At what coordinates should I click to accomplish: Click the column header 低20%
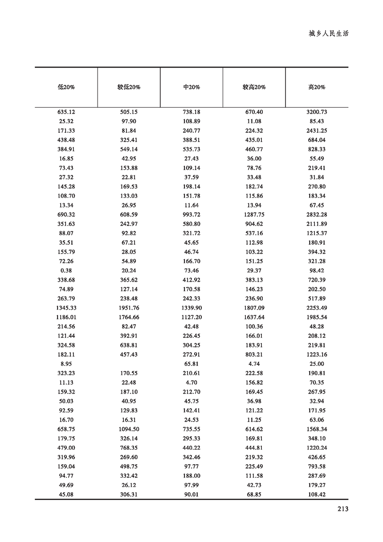(66, 87)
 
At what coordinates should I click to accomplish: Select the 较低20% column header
(129, 87)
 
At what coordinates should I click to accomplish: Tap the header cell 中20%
(192, 87)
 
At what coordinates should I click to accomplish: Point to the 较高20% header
(254, 87)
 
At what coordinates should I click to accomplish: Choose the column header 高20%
(317, 87)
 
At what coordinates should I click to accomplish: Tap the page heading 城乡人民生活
(328, 34)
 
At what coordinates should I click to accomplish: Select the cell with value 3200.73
(317, 112)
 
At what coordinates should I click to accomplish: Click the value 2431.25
(317, 131)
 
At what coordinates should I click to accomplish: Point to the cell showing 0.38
(66, 271)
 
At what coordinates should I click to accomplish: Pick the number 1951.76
(129, 308)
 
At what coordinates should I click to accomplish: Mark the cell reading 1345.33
(66, 308)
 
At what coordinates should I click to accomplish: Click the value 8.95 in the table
(66, 364)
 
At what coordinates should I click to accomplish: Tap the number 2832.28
(317, 215)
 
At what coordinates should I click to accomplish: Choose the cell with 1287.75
(254, 215)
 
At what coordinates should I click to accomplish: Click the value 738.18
(192, 112)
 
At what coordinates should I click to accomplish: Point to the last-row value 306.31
(129, 494)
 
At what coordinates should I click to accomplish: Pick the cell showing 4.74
(254, 364)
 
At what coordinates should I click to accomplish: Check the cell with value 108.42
(317, 494)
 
